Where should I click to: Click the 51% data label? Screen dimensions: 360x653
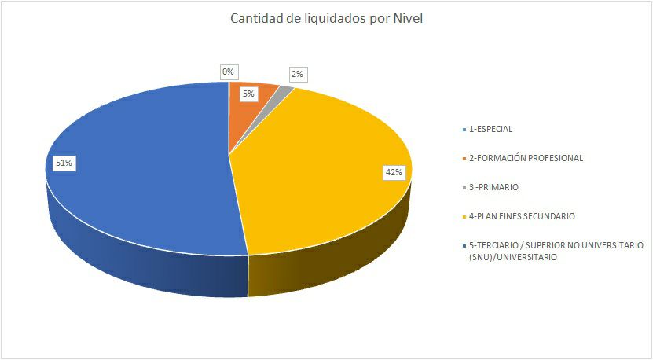64,163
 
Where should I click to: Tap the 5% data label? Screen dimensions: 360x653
248,94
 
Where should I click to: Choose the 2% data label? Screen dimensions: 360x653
297,75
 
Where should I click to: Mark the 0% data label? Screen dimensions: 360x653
228,72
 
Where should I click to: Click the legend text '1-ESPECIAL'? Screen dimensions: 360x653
490,129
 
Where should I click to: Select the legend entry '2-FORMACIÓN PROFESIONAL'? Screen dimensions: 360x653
526,158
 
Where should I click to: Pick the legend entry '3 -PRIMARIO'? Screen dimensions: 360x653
493,187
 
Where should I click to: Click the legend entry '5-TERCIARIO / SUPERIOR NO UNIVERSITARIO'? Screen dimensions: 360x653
556,245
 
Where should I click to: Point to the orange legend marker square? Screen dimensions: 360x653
464,159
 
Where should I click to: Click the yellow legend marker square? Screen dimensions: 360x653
464,217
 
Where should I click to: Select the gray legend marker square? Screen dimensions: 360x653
464,188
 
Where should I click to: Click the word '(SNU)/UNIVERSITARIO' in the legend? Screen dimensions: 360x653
512,257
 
